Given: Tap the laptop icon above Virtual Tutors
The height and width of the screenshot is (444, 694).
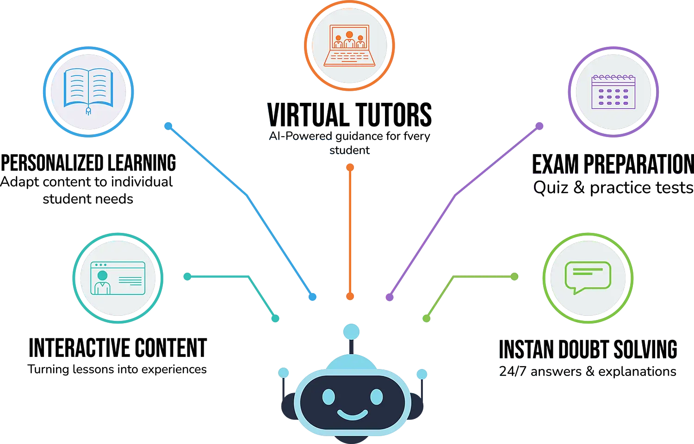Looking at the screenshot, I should point(349,45).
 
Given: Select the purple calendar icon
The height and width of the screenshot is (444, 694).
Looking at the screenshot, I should point(613,91).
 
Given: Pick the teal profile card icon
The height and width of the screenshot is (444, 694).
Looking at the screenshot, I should point(118,278).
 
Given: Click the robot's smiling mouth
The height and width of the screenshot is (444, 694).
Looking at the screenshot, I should point(352,413).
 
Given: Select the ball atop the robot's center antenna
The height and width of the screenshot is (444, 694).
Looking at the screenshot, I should point(352,331).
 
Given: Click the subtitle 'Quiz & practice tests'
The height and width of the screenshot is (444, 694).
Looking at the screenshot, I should point(613,188).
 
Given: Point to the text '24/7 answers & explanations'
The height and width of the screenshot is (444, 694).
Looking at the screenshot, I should point(588,371).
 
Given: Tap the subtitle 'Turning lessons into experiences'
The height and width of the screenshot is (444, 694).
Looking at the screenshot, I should point(118,369).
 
